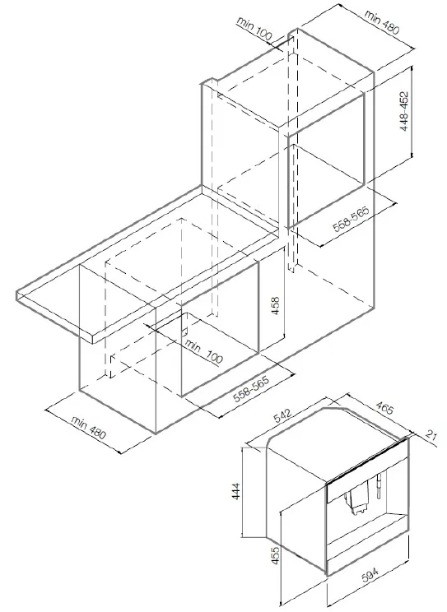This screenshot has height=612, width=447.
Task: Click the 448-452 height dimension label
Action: (404, 111)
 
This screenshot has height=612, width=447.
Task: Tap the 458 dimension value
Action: (275, 306)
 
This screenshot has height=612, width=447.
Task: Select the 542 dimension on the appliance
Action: (282, 415)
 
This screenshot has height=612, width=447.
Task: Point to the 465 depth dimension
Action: (384, 408)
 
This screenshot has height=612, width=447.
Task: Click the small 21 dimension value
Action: (431, 435)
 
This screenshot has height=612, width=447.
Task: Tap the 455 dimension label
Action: (275, 554)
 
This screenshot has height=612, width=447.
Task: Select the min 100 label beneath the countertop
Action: (203, 351)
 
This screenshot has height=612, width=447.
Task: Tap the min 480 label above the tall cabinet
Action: (382, 21)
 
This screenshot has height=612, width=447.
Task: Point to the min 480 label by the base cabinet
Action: (88, 428)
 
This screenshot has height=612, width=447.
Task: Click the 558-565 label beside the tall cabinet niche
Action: (351, 219)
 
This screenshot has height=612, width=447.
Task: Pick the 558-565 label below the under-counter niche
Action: (251, 389)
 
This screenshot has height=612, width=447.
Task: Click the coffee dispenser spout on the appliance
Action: (357, 502)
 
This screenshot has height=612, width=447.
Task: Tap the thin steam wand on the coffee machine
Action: (378, 486)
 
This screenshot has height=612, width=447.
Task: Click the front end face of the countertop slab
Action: (54, 316)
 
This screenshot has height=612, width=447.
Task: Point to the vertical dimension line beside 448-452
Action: (412, 112)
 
